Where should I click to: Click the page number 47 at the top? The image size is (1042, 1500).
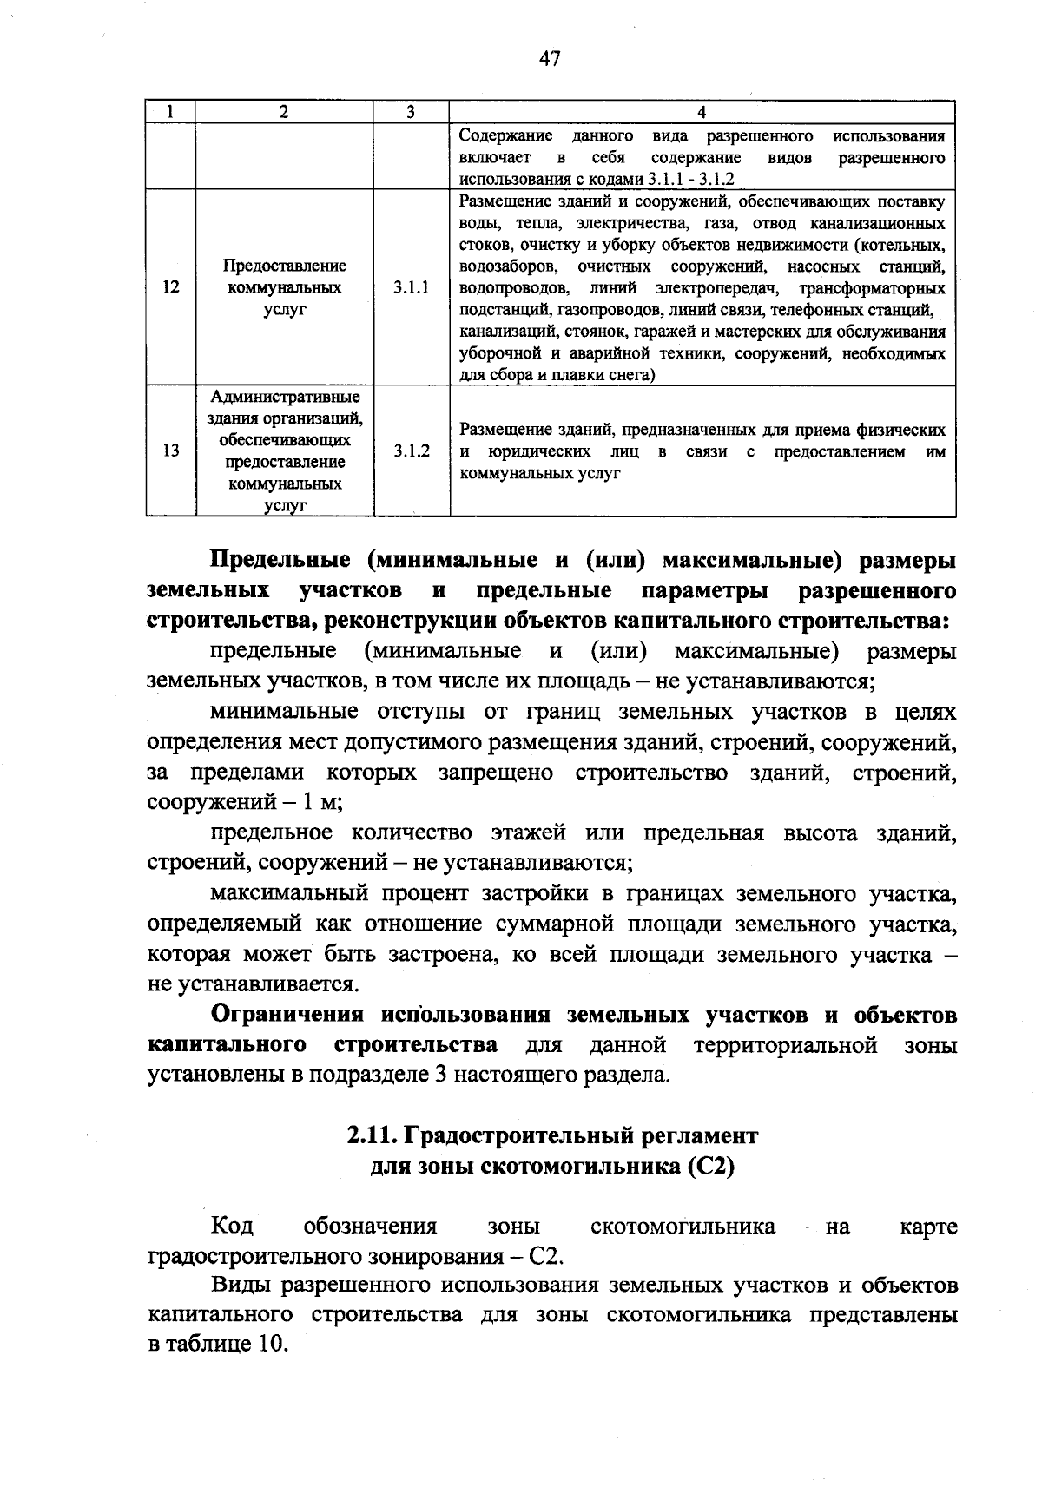pyautogui.click(x=550, y=58)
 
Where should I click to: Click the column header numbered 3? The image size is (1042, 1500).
pyautogui.click(x=411, y=112)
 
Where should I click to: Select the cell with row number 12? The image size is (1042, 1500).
pyautogui.click(x=170, y=287)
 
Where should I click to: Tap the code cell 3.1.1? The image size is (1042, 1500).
pyautogui.click(x=411, y=287)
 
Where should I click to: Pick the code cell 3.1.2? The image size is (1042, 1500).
pyautogui.click(x=411, y=451)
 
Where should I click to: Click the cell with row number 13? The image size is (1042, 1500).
pyautogui.click(x=170, y=451)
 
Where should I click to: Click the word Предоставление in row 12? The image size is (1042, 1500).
pyautogui.click(x=285, y=266)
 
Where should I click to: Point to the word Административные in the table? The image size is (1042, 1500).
pyautogui.click(x=285, y=397)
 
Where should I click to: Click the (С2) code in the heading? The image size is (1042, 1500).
pyautogui.click(x=710, y=1167)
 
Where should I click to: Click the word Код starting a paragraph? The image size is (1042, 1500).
pyautogui.click(x=232, y=1227)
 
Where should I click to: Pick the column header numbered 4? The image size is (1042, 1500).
pyautogui.click(x=702, y=112)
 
